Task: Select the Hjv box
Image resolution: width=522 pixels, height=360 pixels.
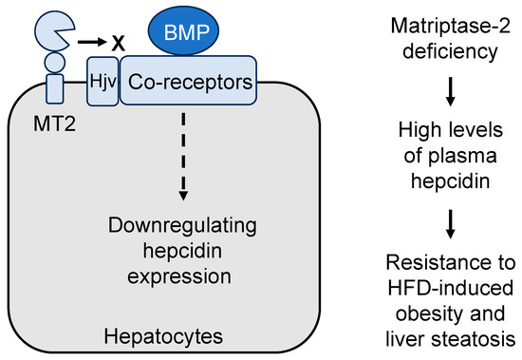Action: pos(100,83)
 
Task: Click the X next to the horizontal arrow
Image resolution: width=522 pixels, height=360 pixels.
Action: pos(119,44)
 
